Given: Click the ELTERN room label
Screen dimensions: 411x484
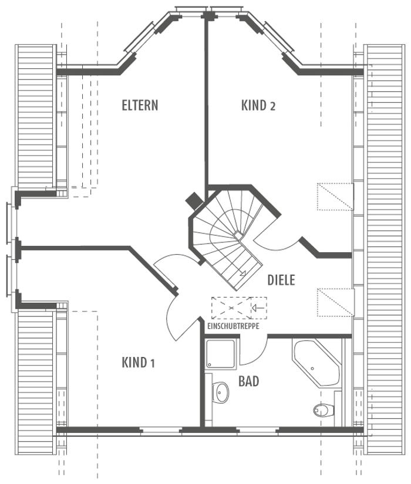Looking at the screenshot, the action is click(140, 105).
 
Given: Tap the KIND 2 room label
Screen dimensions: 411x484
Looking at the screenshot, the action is click(258, 105).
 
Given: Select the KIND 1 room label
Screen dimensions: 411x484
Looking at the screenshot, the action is click(139, 362).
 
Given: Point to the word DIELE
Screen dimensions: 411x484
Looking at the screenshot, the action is click(281, 280).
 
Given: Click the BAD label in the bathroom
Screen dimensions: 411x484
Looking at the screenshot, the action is click(248, 382).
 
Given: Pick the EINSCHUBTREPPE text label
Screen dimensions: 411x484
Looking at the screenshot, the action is click(233, 326).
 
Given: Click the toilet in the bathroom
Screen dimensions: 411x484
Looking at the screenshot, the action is click(324, 410).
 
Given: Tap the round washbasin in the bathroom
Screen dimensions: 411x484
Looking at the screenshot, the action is click(220, 392).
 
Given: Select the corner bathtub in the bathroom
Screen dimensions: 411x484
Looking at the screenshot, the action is click(315, 363).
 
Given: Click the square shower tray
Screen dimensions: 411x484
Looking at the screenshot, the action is click(221, 354).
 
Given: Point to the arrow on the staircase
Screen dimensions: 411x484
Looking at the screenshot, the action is click(242, 273).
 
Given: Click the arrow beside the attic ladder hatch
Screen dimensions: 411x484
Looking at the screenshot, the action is click(258, 308).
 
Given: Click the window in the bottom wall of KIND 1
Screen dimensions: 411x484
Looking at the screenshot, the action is click(160, 430).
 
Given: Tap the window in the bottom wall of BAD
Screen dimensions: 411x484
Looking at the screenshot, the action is click(258, 430).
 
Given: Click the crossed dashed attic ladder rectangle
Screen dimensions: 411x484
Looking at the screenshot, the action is click(231, 308).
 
